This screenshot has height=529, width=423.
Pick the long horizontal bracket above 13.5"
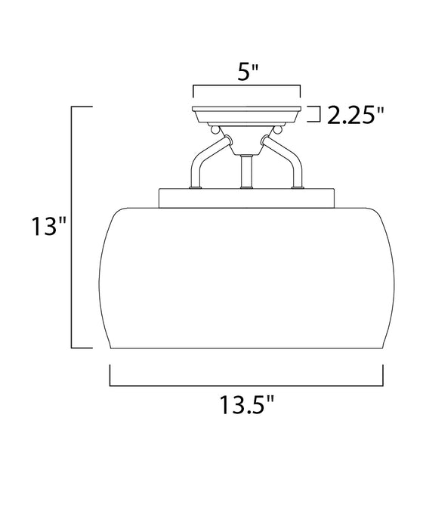[247, 385]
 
